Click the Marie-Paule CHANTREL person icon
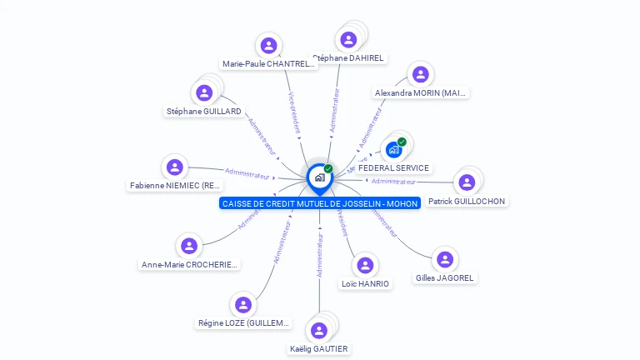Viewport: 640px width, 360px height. (268, 45)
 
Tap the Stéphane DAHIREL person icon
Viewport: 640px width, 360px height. (348, 39)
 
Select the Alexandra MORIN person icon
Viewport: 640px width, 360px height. (418, 74)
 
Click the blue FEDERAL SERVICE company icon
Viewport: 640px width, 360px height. (394, 150)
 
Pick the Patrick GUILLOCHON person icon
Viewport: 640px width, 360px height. (467, 182)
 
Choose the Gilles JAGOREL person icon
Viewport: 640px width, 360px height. (445, 259)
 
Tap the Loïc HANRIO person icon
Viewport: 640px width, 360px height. (365, 265)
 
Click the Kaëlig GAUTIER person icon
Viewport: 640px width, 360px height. (319, 330)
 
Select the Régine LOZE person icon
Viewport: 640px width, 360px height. (243, 305)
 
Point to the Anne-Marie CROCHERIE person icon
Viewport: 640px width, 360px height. (189, 246)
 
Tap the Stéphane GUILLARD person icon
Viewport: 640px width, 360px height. (204, 92)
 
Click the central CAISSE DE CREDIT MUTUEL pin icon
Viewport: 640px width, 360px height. (319, 177)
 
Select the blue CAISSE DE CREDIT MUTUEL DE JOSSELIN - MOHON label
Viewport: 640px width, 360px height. (320, 203)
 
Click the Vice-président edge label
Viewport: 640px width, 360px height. (293, 113)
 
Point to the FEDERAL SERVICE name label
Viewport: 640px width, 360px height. (394, 168)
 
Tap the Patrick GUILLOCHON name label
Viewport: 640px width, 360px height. (467, 202)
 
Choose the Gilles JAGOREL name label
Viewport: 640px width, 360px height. (446, 277)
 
